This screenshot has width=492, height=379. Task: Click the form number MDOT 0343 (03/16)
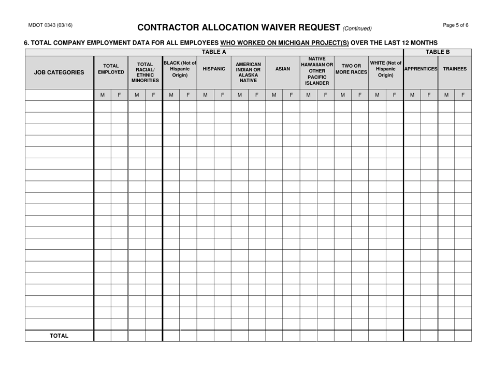click(47, 26)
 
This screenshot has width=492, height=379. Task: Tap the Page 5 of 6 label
click(456, 26)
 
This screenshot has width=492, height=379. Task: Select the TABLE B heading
click(438, 52)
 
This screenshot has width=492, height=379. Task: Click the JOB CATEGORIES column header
click(59, 73)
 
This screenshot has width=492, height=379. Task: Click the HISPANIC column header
click(214, 68)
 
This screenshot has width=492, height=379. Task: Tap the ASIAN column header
click(282, 68)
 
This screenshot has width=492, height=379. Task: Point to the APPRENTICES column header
click(421, 68)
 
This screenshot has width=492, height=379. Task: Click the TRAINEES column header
click(455, 68)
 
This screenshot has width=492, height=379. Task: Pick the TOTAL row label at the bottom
click(59, 336)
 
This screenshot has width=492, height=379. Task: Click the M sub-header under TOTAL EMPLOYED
click(102, 95)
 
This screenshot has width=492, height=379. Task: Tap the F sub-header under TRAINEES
click(463, 95)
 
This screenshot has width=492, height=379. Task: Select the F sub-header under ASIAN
click(291, 95)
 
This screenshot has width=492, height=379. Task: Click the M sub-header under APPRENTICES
click(412, 95)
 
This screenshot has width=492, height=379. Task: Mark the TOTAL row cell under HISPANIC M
click(205, 336)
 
